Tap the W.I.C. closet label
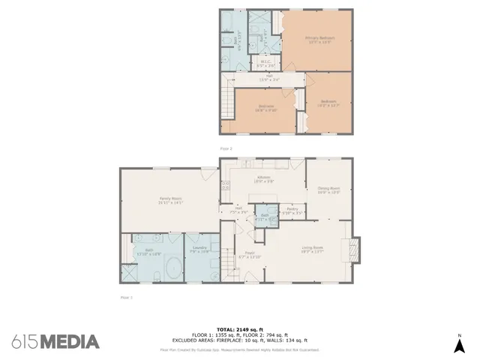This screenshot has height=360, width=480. (x=265, y=63)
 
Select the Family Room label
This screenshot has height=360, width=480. (x=171, y=199)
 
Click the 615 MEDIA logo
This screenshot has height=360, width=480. (x=55, y=342)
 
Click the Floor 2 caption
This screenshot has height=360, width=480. (x=226, y=149)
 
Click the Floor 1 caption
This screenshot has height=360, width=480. (x=126, y=297)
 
